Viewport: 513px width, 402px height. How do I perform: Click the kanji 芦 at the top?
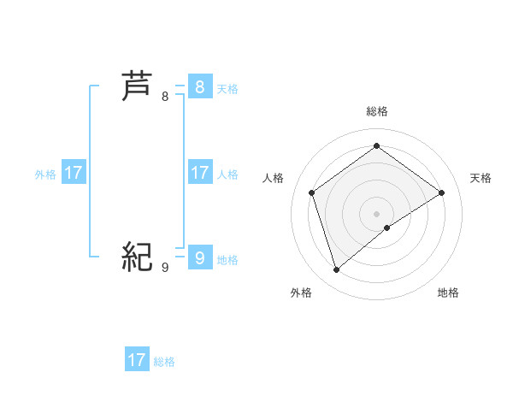tap(137, 86)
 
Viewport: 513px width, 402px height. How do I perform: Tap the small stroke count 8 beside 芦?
tap(165, 97)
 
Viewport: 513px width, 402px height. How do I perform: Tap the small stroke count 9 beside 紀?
tap(165, 268)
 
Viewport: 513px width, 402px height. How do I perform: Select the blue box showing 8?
tap(199, 86)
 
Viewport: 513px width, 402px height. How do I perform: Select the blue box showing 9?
tap(199, 257)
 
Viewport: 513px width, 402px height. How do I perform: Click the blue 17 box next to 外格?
tap(74, 173)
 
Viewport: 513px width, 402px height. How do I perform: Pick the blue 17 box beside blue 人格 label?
tap(199, 173)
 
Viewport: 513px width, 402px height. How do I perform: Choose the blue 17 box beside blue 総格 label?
tap(137, 360)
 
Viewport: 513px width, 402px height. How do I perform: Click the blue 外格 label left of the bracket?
tap(45, 174)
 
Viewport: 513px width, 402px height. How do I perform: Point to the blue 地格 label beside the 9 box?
tap(227, 260)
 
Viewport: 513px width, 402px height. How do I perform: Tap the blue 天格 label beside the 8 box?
tap(227, 89)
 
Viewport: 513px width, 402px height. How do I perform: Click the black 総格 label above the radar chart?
tap(376, 111)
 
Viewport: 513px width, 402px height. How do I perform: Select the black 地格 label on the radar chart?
tap(448, 293)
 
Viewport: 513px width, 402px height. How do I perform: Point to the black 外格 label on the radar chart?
tap(301, 293)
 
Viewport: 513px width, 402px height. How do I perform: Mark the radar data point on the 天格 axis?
tap(441, 192)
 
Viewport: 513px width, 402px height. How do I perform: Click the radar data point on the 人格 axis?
tap(312, 192)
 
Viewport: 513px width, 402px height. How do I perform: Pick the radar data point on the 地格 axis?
tap(387, 228)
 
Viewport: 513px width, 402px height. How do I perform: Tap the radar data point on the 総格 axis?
tap(376, 145)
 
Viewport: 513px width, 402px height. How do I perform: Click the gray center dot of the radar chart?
tap(376, 213)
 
